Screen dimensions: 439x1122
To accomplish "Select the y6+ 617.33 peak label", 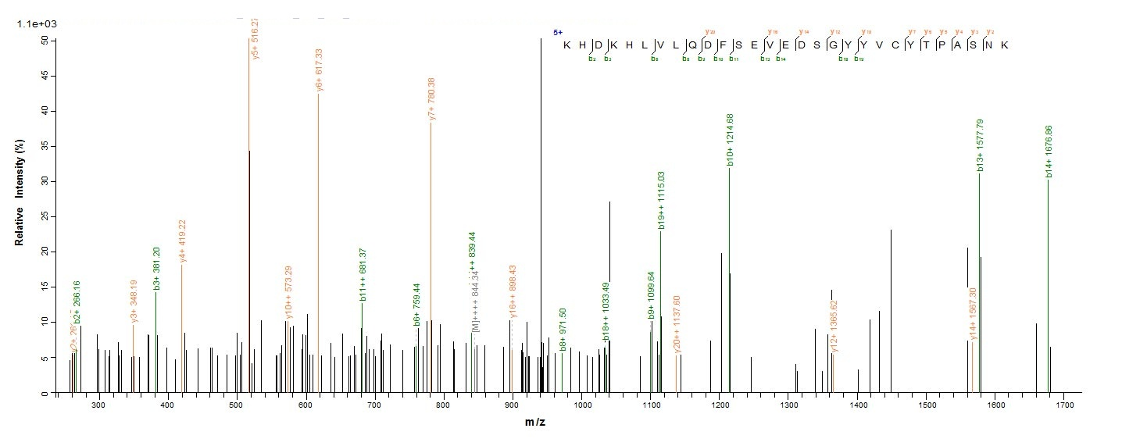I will pos(320,70).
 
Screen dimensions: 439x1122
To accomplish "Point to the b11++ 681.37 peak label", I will pos(363,274).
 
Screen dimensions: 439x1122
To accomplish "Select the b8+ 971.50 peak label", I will pos(563,330).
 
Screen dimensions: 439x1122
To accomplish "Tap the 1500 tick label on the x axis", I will pos(927,406).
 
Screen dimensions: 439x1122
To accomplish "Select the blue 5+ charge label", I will pos(558,33).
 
